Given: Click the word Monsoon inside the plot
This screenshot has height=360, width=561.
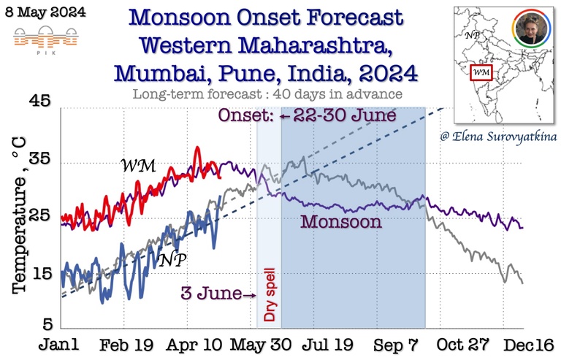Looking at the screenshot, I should click(342, 221).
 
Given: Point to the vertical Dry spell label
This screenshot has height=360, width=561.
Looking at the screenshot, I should click(269, 291).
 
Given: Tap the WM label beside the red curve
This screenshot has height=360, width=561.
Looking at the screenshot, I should click(138, 166).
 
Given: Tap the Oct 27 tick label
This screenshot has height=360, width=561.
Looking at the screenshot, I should click(465, 343).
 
